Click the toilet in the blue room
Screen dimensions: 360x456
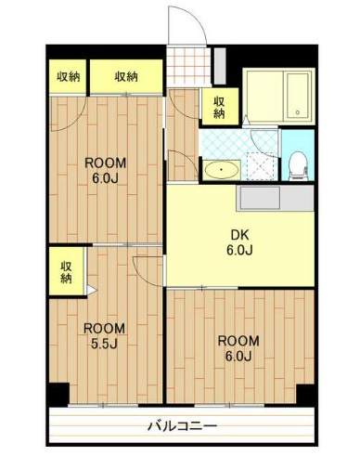coord(298,166)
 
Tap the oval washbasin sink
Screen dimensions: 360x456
coord(222,170)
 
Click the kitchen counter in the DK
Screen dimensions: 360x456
coord(275,198)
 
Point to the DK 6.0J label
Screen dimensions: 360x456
coord(240,242)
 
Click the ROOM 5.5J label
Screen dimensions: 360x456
coord(104,335)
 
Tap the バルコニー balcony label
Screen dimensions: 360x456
coord(182,426)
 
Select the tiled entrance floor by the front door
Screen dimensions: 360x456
coord(188,66)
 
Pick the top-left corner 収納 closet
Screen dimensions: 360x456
coord(68,76)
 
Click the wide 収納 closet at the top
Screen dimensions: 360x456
coord(126,76)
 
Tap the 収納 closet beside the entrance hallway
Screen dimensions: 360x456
coord(220,107)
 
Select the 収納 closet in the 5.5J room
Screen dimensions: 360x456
coord(66,271)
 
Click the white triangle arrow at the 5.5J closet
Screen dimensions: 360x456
coord(91,290)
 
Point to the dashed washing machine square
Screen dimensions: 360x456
coord(262,166)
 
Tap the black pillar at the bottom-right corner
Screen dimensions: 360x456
coord(305,394)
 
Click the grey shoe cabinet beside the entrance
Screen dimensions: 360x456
coord(220,66)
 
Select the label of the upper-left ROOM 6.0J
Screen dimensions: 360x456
coord(106,170)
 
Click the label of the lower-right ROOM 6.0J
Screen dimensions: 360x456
coord(238,348)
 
